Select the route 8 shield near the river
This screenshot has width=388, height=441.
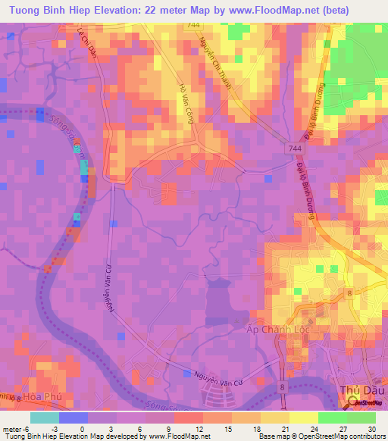284,387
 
